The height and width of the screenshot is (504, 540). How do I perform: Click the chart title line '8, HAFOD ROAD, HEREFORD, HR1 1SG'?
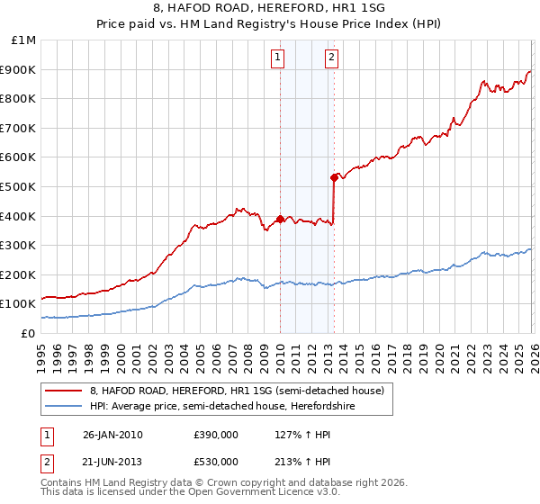270,7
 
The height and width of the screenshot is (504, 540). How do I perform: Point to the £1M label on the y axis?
23,40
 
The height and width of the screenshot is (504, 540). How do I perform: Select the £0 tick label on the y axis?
28,333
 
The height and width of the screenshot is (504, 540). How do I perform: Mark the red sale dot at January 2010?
280,219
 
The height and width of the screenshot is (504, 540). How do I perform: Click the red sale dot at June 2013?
334,177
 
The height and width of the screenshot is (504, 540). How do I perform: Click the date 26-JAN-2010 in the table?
112,435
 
